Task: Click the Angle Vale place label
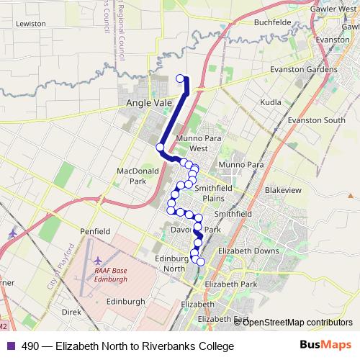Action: click(x=149, y=104)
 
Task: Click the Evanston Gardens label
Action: click(x=303, y=70)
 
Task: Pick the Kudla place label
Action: click(x=271, y=103)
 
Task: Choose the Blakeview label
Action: click(x=283, y=189)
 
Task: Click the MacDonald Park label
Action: click(x=132, y=176)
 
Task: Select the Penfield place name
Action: click(x=95, y=232)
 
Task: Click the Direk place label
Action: click(x=71, y=312)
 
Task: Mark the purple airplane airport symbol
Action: click(x=14, y=235)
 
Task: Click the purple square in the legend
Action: click(x=9, y=346)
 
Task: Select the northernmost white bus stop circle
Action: click(x=180, y=78)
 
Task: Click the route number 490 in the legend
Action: click(x=30, y=346)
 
